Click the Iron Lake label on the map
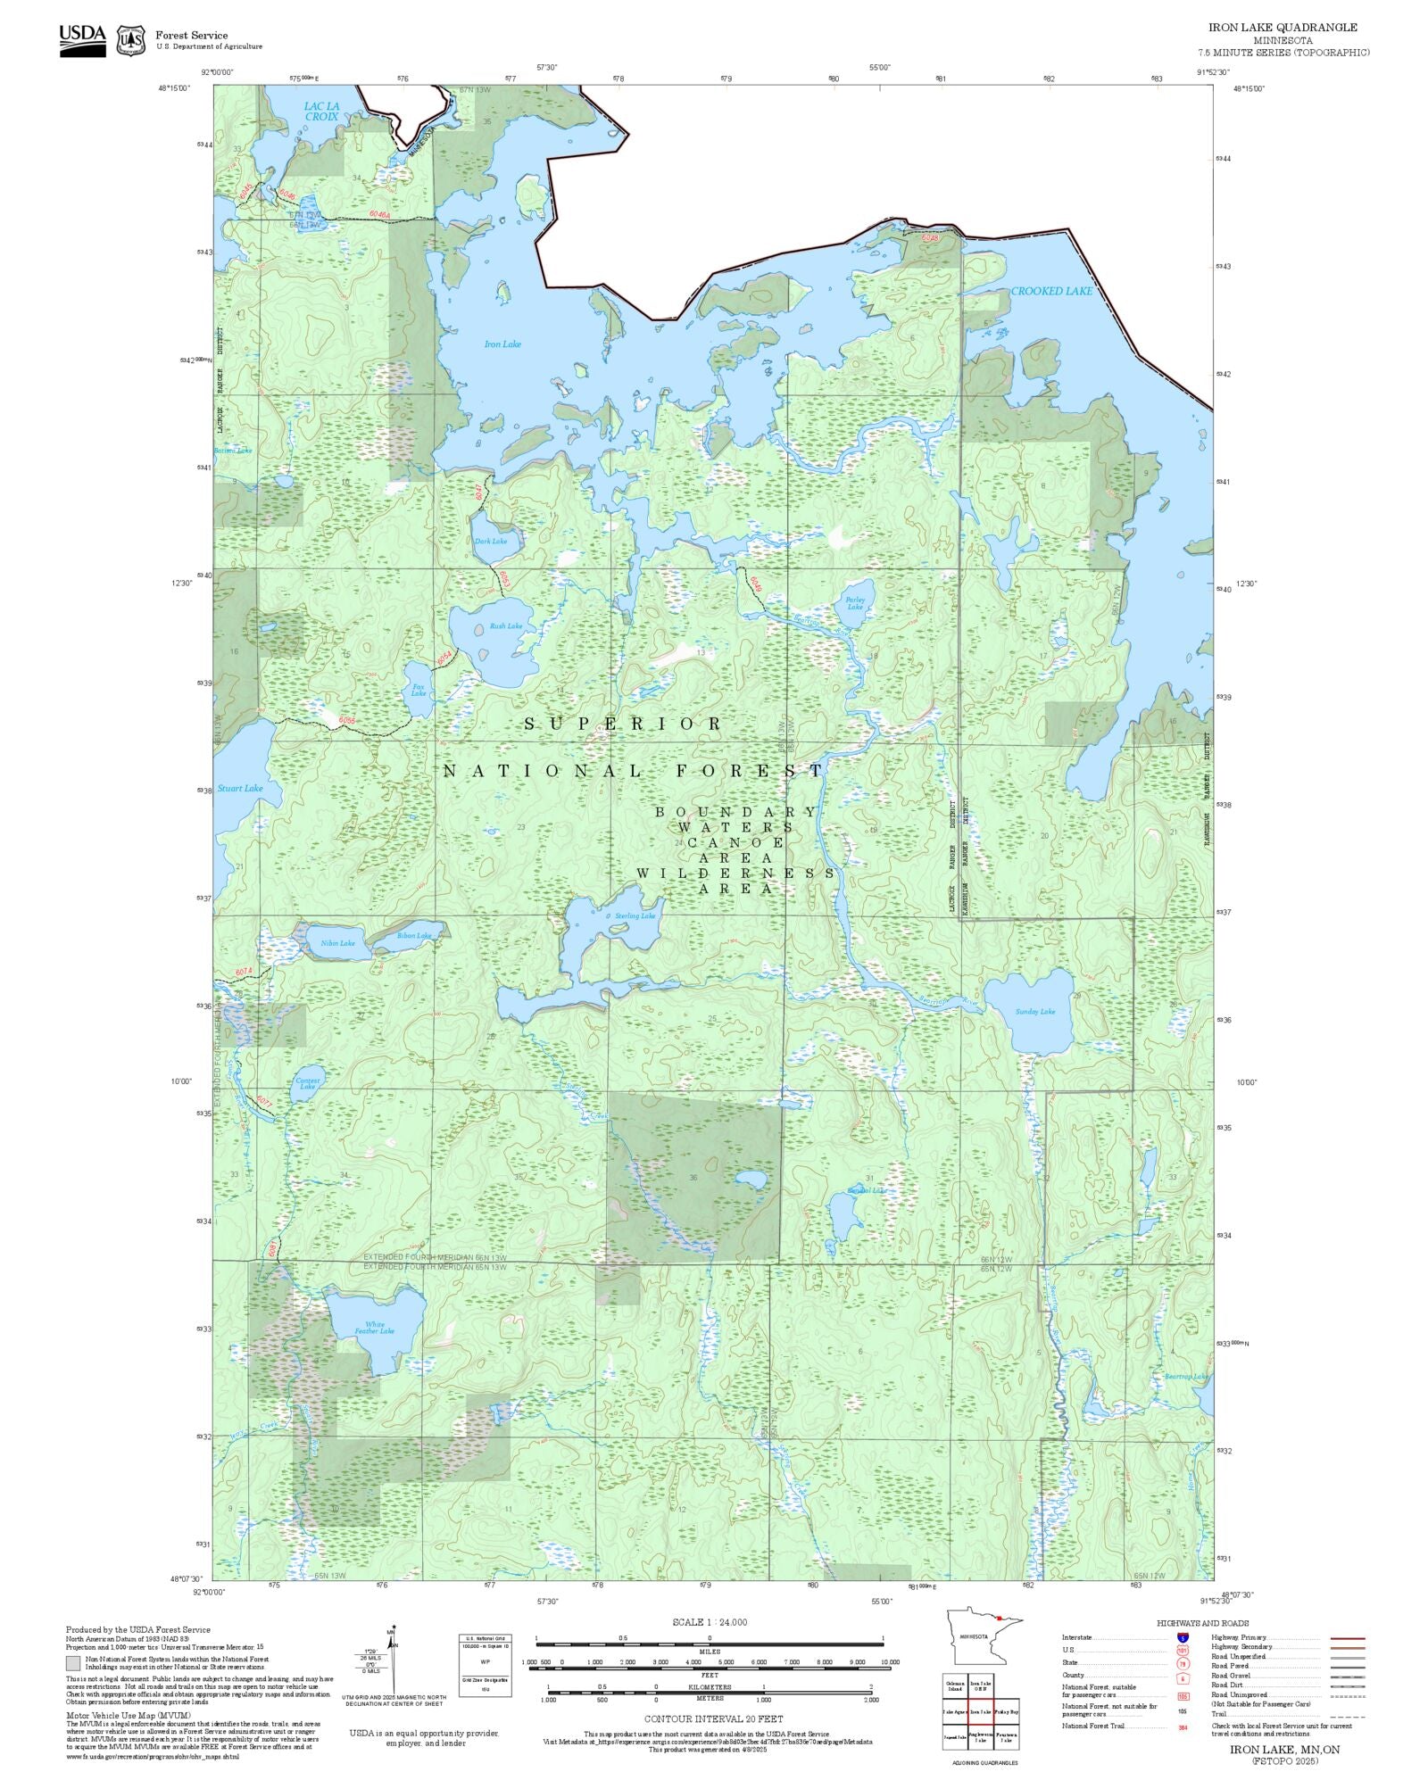[x=502, y=344]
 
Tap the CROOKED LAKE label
[x=1050, y=291]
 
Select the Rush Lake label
[x=505, y=626]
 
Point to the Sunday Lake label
[x=1034, y=1012]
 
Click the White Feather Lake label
[x=374, y=1329]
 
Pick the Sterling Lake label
[x=635, y=916]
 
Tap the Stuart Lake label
[x=240, y=788]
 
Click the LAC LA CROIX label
[x=321, y=112]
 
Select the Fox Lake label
[x=418, y=691]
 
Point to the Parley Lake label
[x=855, y=604]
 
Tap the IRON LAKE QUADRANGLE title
[x=1283, y=28]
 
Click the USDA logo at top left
[x=82, y=40]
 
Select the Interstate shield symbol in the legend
[x=1183, y=1638]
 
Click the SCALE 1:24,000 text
[x=710, y=1622]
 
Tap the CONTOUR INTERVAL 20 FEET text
[x=713, y=1718]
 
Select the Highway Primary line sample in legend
[x=1347, y=1638]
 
